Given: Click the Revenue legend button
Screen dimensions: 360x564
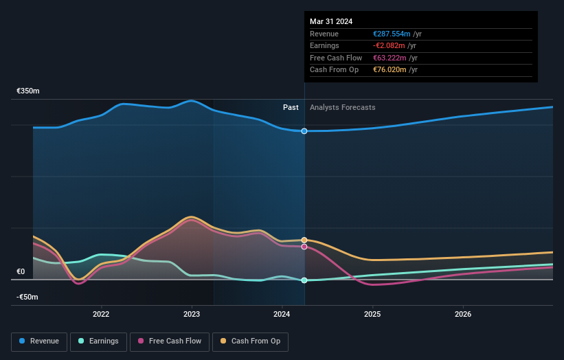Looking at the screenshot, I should point(39,341).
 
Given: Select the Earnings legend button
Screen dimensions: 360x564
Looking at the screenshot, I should point(98,341).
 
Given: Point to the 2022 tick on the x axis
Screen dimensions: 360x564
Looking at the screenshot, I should point(101,315).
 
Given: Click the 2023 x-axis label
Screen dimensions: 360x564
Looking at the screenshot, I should point(192,315).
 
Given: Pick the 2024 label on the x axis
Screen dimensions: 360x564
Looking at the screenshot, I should point(282,315).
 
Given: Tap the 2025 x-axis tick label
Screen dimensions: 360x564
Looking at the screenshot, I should point(372,315).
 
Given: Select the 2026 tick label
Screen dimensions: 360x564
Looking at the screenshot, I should point(463,315).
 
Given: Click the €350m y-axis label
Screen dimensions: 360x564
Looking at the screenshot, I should point(28,91).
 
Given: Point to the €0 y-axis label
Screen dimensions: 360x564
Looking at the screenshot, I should point(21,271).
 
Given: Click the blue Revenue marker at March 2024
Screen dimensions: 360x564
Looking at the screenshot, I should point(304,131).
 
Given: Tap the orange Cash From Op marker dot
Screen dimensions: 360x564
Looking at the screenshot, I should point(304,240).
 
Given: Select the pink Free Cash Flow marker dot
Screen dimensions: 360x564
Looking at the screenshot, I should point(304,247).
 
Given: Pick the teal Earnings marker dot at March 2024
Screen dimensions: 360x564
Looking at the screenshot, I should point(304,280).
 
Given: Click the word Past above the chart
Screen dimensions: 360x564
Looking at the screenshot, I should point(291,107).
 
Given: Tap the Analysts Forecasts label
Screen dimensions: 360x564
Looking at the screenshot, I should point(343,107).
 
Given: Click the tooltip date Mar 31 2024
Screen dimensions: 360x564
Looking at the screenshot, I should point(331,21).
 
